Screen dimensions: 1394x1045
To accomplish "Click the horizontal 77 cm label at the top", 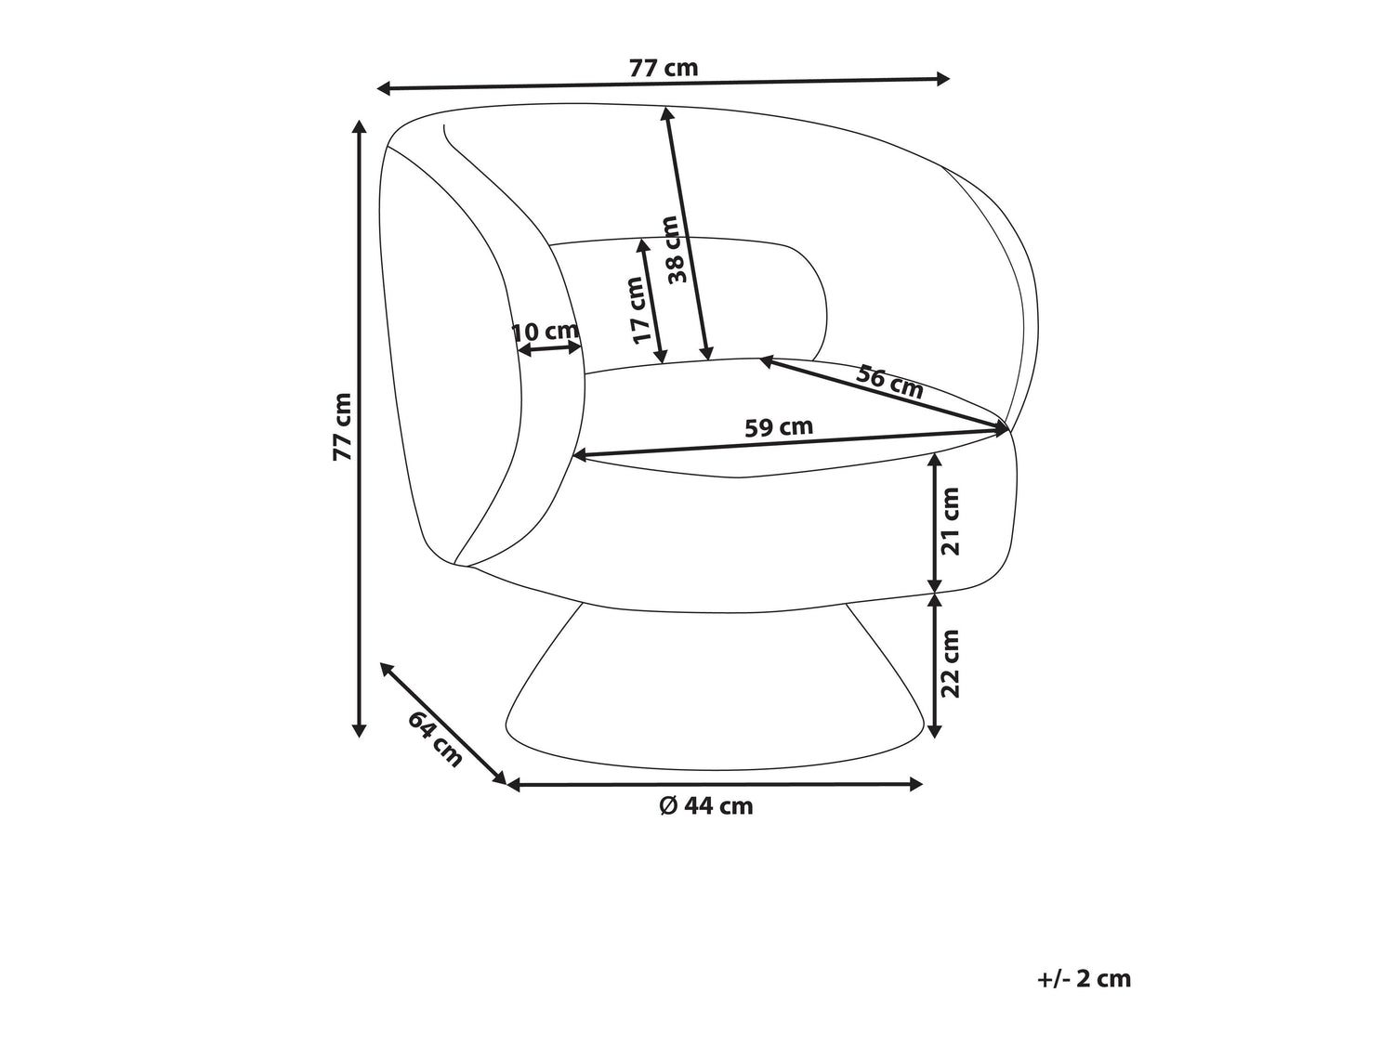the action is click(663, 68).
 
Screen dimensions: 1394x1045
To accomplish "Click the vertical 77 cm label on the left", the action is click(343, 426).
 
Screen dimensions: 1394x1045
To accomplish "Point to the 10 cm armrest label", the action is click(545, 331).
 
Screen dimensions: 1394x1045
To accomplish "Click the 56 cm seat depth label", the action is click(888, 382).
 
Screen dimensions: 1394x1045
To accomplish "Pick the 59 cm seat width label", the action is click(779, 427).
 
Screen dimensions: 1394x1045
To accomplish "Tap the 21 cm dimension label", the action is click(951, 521).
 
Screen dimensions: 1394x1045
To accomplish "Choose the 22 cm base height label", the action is click(951, 663).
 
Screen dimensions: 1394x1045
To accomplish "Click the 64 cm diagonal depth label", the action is click(435, 739).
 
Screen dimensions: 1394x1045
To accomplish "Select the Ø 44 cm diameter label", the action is click(706, 806).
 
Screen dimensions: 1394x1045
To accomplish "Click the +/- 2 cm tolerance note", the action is click(1085, 979).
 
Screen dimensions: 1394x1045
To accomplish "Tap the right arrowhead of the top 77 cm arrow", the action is click(942, 79).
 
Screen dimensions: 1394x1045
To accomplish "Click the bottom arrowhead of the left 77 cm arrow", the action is click(360, 730).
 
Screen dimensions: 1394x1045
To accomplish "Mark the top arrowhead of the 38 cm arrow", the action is click(667, 115).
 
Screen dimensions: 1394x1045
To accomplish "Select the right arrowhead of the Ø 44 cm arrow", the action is click(915, 785).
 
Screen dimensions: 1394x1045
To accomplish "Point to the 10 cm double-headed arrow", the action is click(549, 348).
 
